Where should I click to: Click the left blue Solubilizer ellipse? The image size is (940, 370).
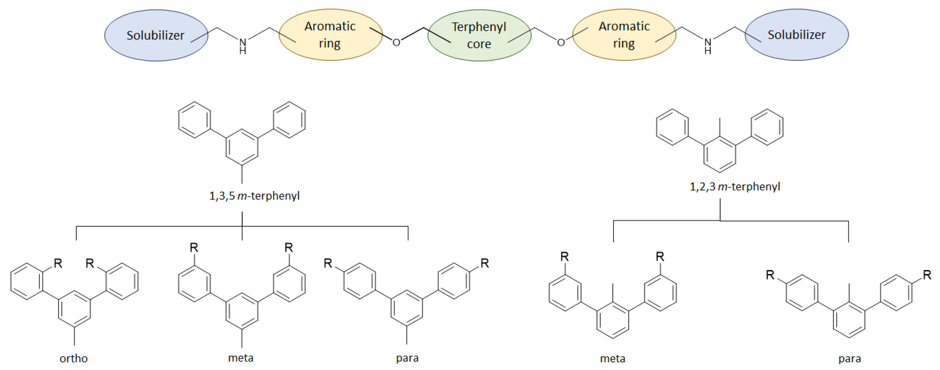click(156, 35)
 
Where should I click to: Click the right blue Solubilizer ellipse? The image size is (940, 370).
click(796, 35)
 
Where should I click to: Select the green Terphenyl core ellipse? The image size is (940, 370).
click(479, 35)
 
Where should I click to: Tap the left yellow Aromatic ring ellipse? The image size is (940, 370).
click(330, 35)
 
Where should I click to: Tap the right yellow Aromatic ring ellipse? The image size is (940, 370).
click(624, 35)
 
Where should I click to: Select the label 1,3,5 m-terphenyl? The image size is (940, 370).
click(254, 196)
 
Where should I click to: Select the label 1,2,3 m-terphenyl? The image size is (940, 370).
click(735, 187)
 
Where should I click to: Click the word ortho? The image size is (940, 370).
click(73, 358)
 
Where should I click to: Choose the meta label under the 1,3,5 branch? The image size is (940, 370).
click(240, 358)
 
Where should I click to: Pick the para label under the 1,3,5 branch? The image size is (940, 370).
click(407, 358)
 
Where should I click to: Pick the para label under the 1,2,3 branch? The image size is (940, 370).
click(849, 359)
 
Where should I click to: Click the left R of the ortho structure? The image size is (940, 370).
click(58, 263)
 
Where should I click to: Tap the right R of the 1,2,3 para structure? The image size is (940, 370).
click(927, 275)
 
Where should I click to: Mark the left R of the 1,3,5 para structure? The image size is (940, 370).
click(328, 263)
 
